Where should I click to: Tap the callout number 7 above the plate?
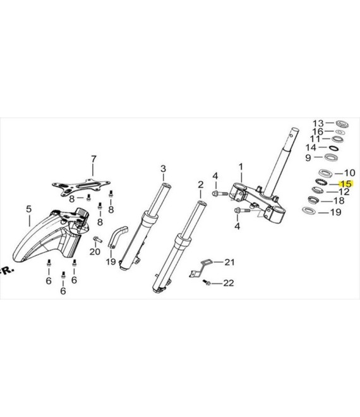[93, 159]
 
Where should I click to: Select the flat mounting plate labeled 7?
[81, 186]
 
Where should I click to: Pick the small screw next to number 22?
[207, 282]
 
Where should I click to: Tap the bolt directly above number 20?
[97, 239]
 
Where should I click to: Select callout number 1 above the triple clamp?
[241, 167]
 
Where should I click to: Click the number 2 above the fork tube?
[201, 184]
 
